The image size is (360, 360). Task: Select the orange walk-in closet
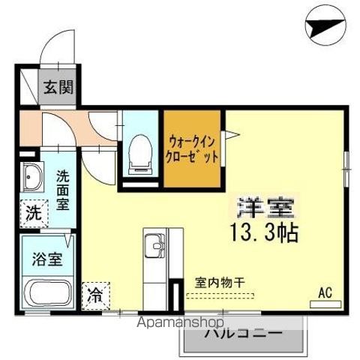193,148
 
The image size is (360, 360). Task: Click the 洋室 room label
265,205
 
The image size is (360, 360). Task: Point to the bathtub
46,293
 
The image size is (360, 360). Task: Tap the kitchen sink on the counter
155,247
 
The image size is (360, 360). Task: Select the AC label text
325,292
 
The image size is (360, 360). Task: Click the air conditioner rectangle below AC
325,304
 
